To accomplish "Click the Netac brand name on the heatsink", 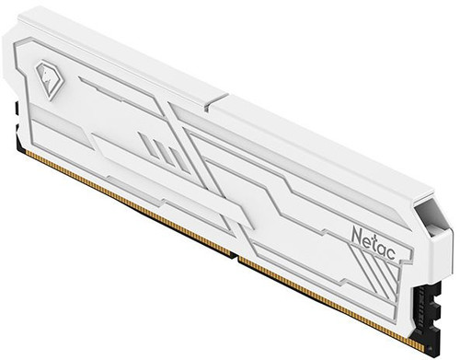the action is [x=374, y=244].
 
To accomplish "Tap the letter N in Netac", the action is [x=357, y=235].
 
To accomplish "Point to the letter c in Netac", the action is [x=391, y=254].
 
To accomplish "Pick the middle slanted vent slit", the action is [x=160, y=150].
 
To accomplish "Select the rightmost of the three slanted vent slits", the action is [x=176, y=158].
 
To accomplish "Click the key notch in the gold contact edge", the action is [x=235, y=256].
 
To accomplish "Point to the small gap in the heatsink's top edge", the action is [x=215, y=100].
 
